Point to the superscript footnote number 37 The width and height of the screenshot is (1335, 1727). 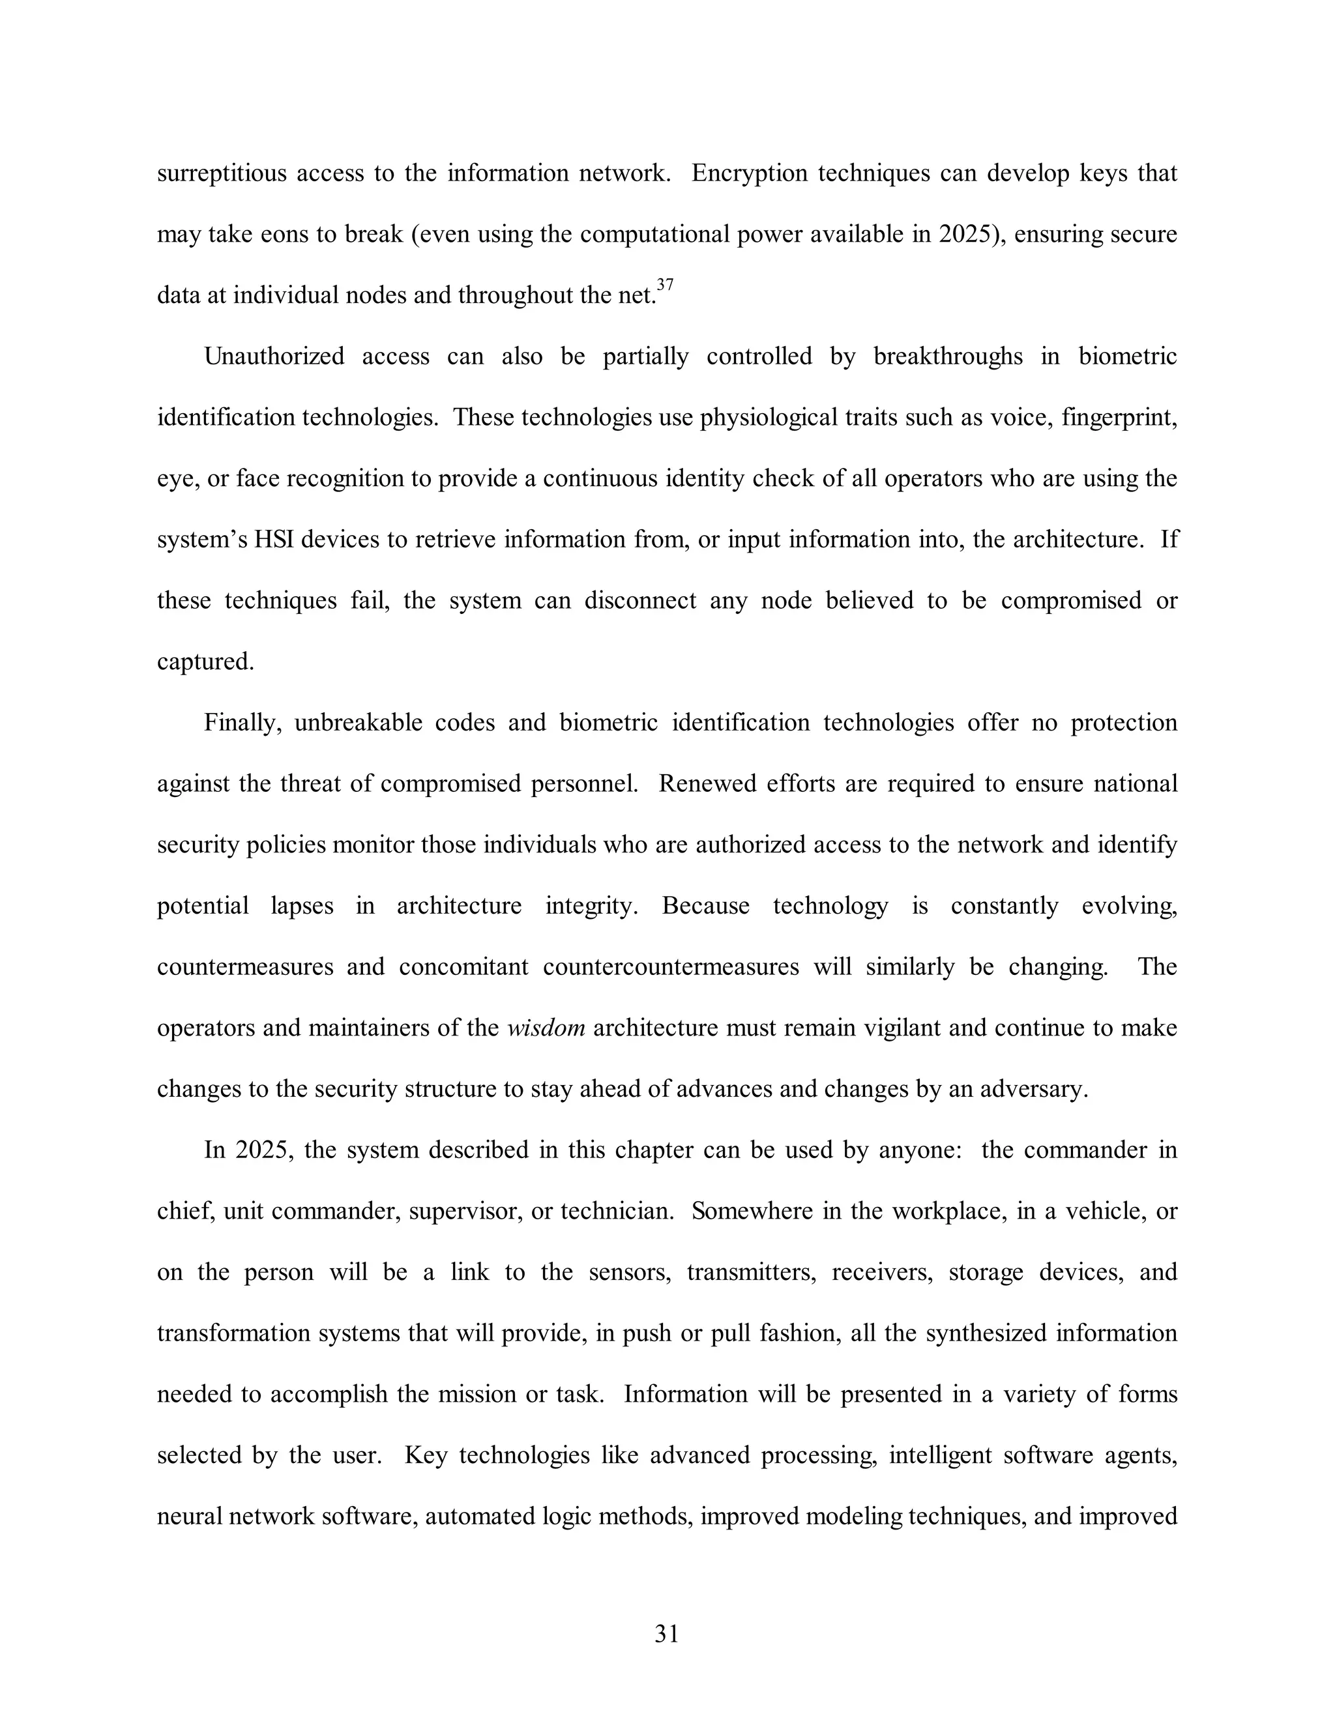[x=665, y=285]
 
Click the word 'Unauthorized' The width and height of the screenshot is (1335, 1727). [x=274, y=356]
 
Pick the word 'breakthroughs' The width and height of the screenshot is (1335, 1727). [x=947, y=356]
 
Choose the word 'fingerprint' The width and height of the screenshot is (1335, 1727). [x=1119, y=418]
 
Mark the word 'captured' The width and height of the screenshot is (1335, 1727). [x=205, y=662]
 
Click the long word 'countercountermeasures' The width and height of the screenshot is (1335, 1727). [x=671, y=967]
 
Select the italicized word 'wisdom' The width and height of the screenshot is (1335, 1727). [x=546, y=1028]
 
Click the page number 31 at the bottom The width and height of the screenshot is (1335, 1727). [x=667, y=1634]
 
